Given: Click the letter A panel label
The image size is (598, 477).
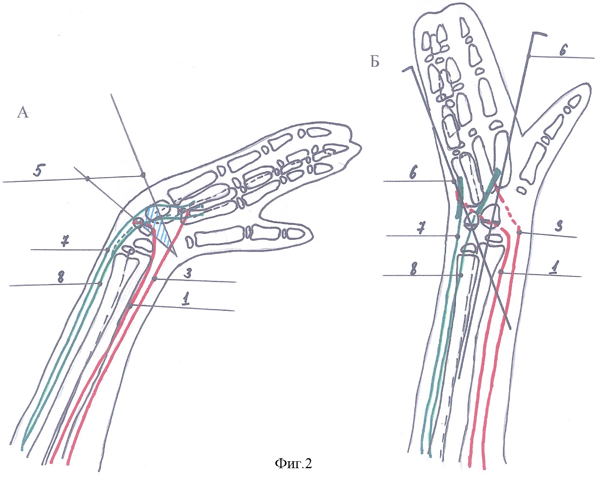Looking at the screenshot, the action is tap(23, 112).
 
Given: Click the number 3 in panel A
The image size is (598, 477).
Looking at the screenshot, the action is tap(189, 274).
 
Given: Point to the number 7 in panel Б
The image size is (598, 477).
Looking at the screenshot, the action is tap(421, 230).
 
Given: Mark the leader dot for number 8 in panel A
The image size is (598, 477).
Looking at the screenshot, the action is tap(99, 283).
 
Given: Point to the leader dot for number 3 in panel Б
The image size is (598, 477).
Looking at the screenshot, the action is tap(519, 232).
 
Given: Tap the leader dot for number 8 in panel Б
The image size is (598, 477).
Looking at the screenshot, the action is tap(461, 275).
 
